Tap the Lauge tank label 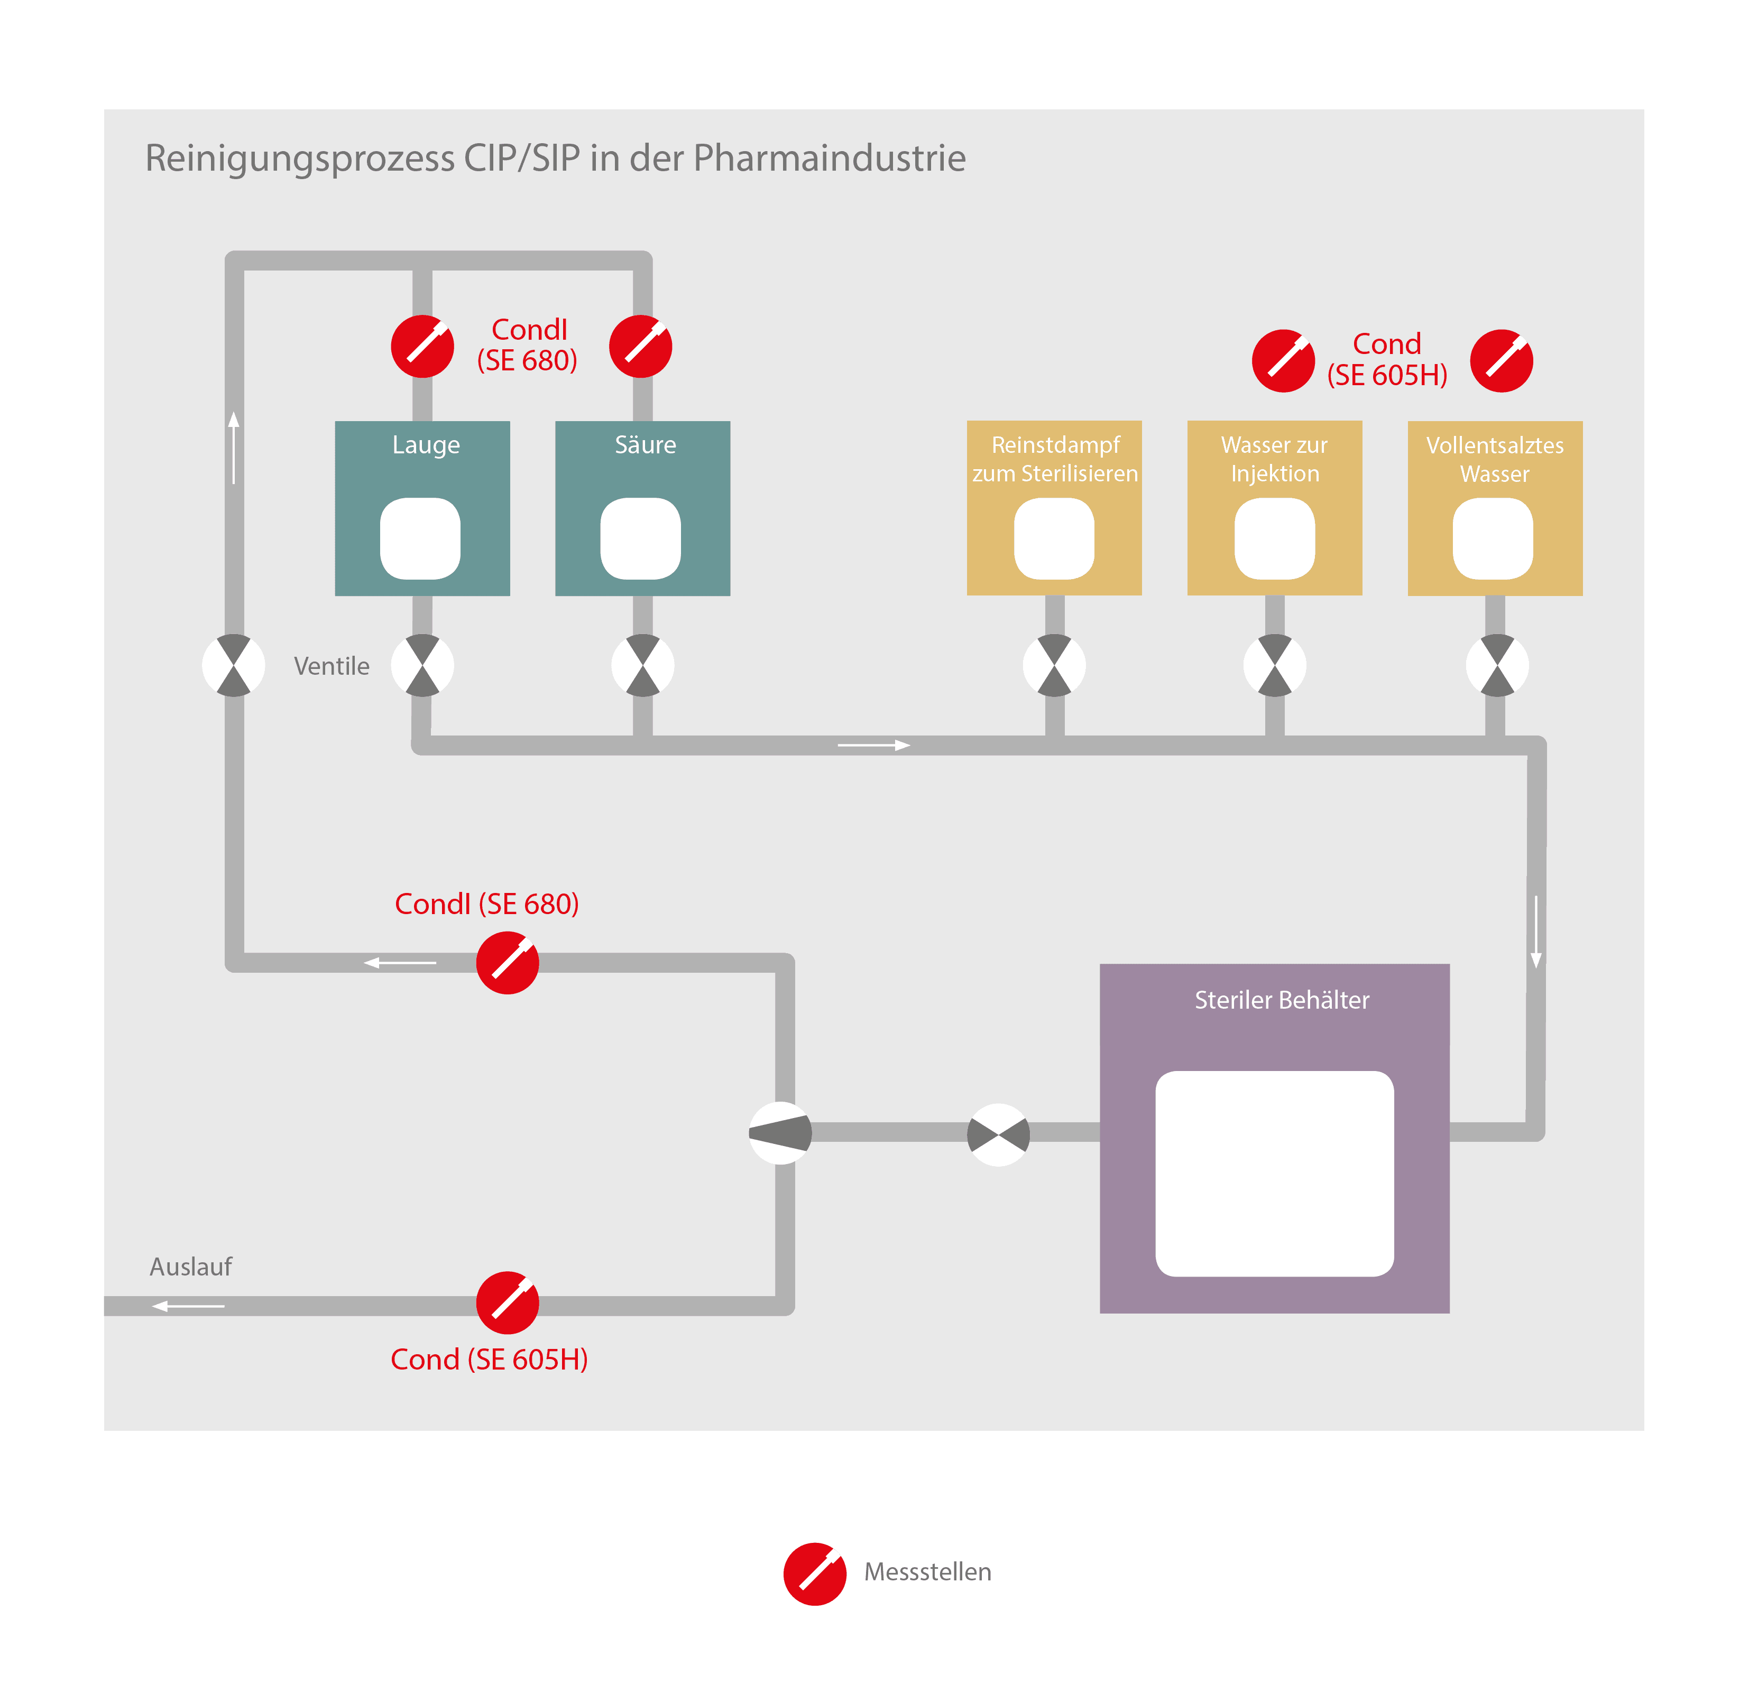click(x=426, y=444)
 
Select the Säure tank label click(x=645, y=444)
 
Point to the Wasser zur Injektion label click(x=1274, y=459)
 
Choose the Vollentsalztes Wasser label click(x=1495, y=459)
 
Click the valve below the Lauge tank click(x=422, y=665)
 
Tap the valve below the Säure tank click(x=642, y=665)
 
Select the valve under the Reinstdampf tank click(x=1054, y=665)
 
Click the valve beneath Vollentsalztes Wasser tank click(x=1496, y=665)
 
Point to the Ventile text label click(x=331, y=666)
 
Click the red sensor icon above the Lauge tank click(x=422, y=346)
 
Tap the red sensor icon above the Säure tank click(x=641, y=346)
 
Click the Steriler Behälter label click(x=1282, y=1000)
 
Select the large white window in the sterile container click(x=1274, y=1173)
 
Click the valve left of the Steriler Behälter click(x=999, y=1134)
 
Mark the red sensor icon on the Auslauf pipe click(x=507, y=1302)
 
